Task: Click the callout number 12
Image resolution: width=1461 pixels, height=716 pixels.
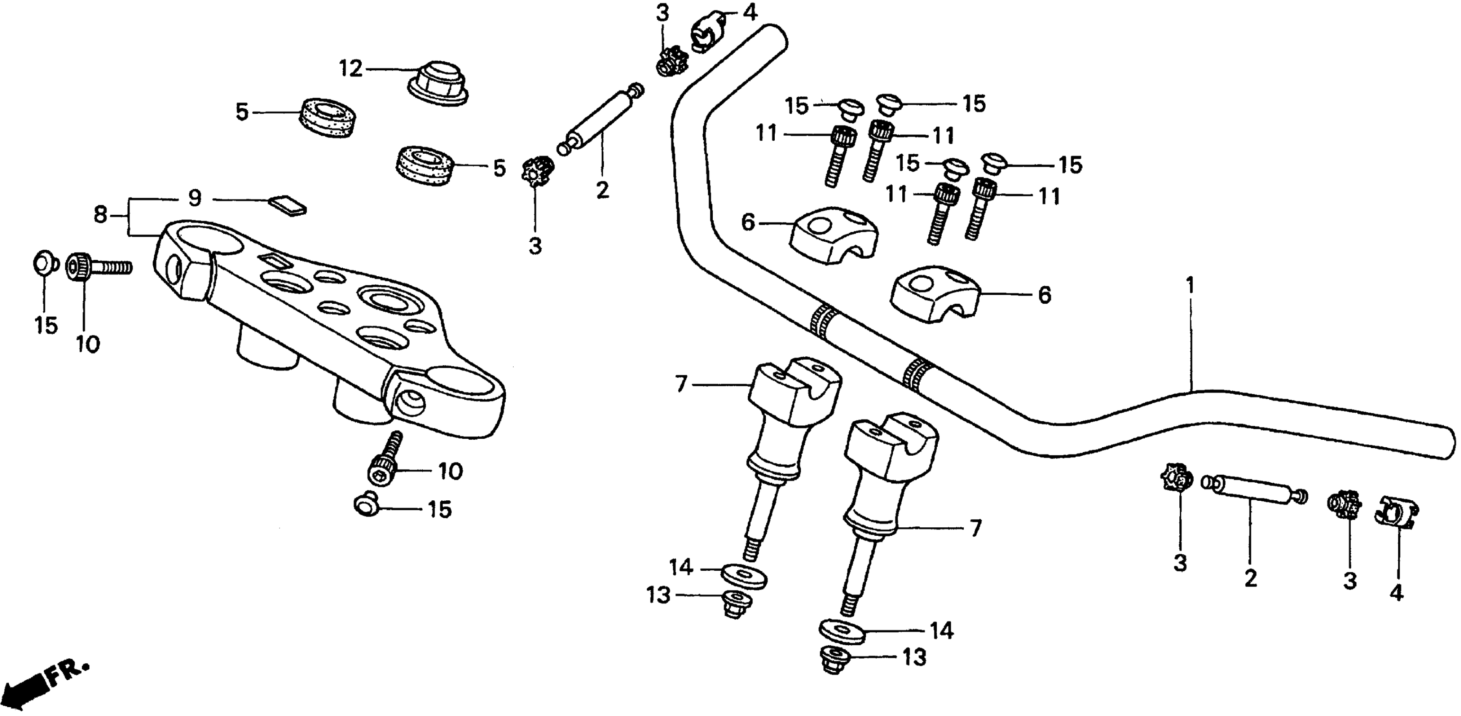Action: coord(350,69)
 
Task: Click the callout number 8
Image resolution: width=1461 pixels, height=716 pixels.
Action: coord(100,215)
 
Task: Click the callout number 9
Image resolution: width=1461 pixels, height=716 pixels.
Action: coord(195,198)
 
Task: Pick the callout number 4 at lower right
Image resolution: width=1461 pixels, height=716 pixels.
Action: coord(1396,592)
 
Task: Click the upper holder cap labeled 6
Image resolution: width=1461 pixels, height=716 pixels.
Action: coord(832,234)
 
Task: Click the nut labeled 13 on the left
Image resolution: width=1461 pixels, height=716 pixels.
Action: coord(736,605)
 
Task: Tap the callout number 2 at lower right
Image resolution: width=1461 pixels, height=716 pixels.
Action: coord(1250,579)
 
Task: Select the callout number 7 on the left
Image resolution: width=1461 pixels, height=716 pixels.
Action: coord(681,384)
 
